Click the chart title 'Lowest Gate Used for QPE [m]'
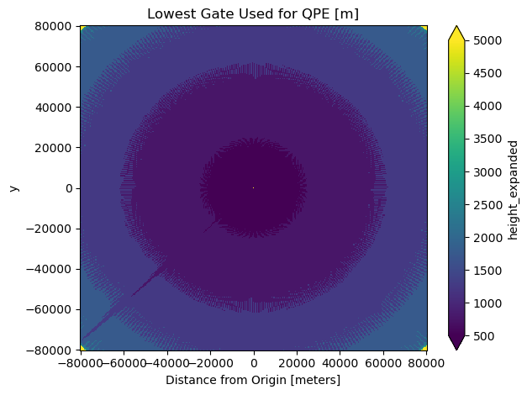(x=253, y=13)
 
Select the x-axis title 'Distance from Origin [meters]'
(x=253, y=380)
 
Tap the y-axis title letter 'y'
(x=13, y=187)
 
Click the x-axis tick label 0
(x=253, y=363)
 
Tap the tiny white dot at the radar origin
(x=253, y=187)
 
